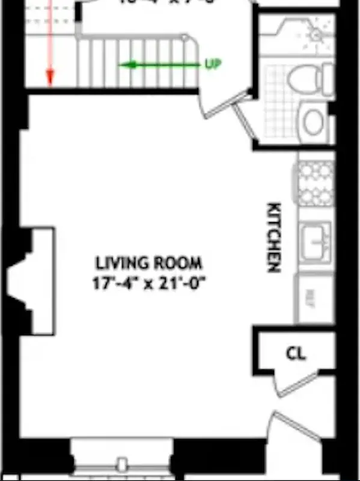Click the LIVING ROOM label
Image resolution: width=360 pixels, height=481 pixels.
point(149,263)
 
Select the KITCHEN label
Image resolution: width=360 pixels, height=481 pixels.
point(274,237)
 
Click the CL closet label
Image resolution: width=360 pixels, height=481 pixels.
point(294,354)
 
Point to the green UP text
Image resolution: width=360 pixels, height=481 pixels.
point(213,64)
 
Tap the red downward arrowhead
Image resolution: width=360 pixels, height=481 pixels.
point(50,77)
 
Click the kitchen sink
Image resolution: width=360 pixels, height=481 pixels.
point(316,239)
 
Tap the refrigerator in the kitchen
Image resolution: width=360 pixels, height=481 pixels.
point(315,298)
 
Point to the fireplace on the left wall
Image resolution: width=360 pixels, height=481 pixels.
point(30,281)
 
